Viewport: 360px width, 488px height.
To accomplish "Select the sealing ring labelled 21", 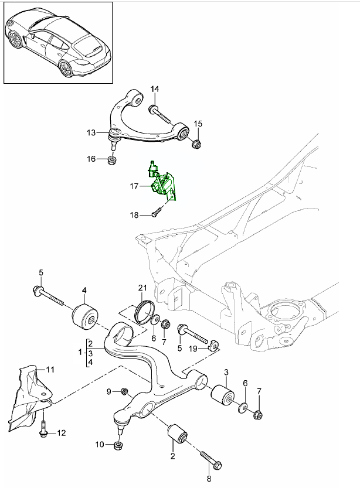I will [144, 310].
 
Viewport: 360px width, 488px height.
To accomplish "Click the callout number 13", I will [91, 134].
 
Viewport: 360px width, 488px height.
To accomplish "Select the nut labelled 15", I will [196, 144].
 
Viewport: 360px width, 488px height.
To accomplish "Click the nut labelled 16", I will [112, 160].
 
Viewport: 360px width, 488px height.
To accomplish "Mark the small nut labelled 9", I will [124, 391].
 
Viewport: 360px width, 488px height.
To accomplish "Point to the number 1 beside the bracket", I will [80, 353].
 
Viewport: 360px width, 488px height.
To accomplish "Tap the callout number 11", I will [50, 370].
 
